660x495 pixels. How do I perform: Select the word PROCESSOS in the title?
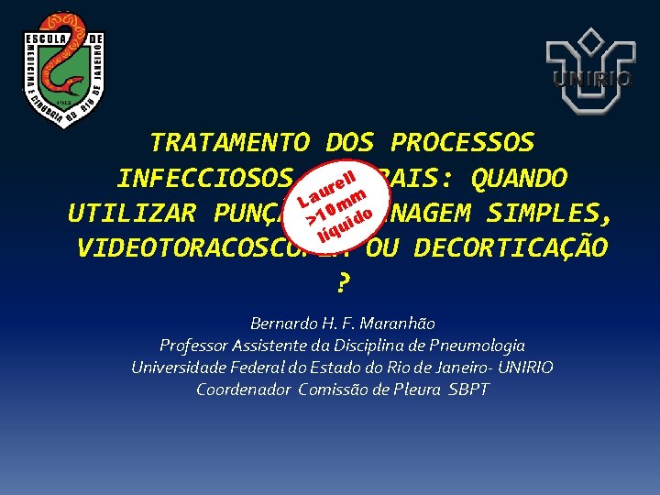pos(461,143)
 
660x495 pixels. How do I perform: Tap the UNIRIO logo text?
pos(591,80)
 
